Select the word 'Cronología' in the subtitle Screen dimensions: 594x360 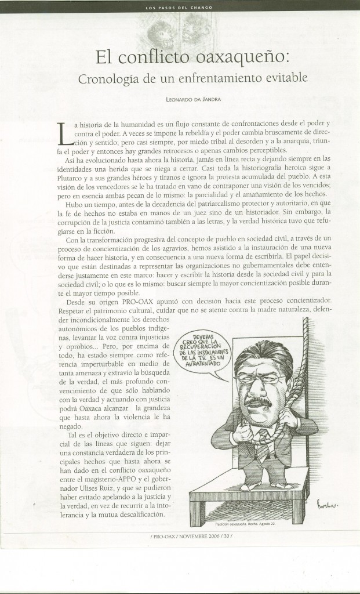[x=108, y=78]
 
